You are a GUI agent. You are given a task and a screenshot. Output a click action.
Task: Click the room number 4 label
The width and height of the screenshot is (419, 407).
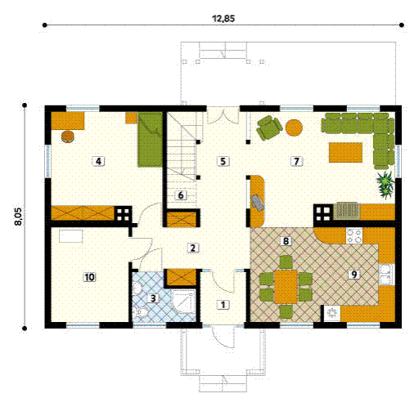tap(98, 161)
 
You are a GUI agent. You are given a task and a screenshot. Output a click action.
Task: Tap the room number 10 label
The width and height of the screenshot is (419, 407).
tap(89, 277)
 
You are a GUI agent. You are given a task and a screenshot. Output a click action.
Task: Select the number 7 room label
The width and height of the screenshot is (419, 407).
tap(295, 161)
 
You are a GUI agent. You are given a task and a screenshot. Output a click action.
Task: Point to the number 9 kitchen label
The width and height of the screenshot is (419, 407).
tap(354, 274)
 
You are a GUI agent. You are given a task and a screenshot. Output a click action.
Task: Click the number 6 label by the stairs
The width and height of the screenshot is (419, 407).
tap(182, 195)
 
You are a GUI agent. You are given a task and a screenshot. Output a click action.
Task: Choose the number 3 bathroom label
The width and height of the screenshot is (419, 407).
tap(152, 298)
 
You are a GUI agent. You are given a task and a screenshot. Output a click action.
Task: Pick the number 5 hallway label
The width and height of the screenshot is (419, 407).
tap(222, 161)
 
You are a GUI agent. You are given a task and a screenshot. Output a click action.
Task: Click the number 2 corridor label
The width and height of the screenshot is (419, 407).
tap(192, 248)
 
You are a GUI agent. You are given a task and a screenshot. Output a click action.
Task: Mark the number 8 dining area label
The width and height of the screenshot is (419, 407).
tap(285, 241)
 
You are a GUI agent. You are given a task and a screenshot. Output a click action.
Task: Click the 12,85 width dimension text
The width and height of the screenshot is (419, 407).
tap(223, 17)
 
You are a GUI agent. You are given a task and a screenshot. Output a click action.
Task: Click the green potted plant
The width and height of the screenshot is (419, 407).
tap(384, 182)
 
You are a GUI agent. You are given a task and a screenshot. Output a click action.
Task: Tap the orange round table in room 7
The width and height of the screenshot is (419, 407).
tap(295, 127)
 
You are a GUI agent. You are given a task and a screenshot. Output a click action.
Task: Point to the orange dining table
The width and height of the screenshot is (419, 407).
tap(286, 287)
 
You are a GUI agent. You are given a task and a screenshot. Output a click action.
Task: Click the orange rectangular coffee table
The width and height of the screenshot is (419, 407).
tap(345, 152)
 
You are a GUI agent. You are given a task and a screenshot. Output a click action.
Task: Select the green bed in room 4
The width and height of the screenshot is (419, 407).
tap(150, 139)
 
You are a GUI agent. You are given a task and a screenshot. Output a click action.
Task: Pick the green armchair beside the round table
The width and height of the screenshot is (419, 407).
tap(269, 127)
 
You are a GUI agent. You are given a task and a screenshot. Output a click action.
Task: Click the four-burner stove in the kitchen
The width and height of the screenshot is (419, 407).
tap(354, 237)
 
